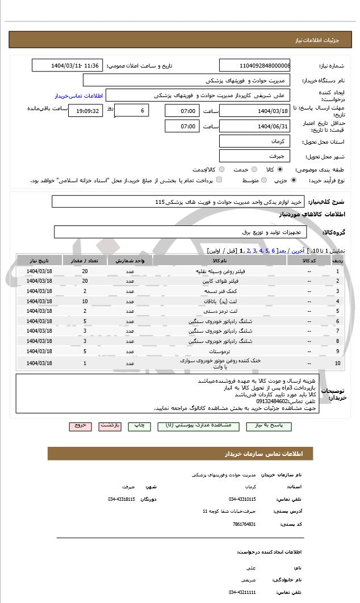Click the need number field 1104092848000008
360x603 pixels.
254,66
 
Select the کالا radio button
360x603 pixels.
280,169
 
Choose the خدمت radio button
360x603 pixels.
253,169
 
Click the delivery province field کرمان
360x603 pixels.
254,141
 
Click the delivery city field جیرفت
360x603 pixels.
254,155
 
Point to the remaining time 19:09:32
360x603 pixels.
85,111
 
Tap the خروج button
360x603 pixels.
80,425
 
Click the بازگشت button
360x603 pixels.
110,425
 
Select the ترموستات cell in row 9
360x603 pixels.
220,350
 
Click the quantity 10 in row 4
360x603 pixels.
85,301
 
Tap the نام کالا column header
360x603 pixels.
220,261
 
